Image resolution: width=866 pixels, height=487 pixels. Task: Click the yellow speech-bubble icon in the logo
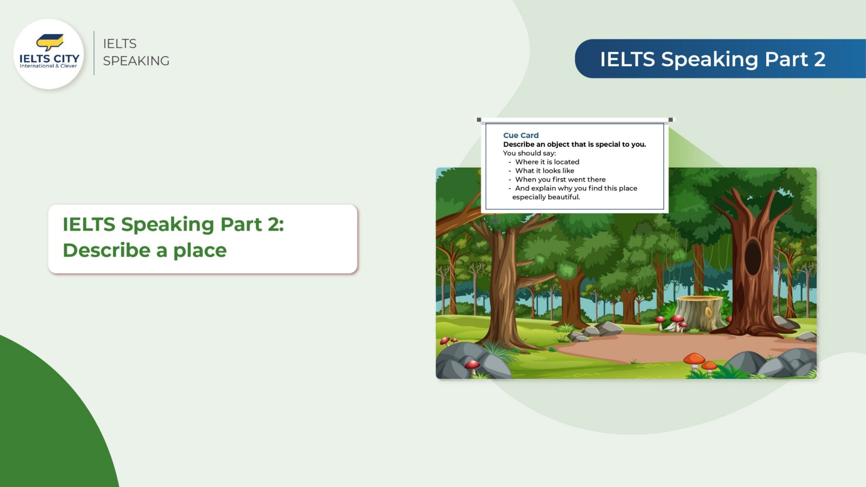click(x=50, y=41)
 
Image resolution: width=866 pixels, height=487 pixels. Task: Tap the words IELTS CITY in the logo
click(x=49, y=58)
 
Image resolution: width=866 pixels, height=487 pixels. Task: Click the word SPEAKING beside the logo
click(x=136, y=61)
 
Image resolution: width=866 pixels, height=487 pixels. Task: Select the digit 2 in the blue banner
click(x=819, y=59)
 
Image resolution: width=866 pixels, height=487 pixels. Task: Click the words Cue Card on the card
click(x=521, y=135)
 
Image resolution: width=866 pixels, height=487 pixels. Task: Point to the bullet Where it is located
click(x=547, y=162)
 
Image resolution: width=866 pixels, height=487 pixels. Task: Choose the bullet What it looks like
click(x=544, y=171)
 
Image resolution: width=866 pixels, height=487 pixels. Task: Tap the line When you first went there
click(x=560, y=180)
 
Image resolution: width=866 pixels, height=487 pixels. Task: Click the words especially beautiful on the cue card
click(x=545, y=197)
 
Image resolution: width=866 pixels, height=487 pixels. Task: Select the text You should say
click(x=529, y=153)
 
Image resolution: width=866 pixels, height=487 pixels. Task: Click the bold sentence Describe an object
click(x=574, y=144)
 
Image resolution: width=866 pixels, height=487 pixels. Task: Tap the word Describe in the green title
click(x=107, y=250)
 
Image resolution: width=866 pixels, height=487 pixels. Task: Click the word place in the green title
click(x=200, y=251)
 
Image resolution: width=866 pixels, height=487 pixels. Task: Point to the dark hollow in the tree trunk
click(x=753, y=257)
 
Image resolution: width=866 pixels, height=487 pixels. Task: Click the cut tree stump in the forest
click(x=699, y=313)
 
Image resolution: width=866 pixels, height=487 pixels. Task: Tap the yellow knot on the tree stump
click(x=708, y=312)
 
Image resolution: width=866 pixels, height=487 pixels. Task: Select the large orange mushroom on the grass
click(x=694, y=360)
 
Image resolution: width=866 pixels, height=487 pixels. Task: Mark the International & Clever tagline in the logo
click(x=48, y=66)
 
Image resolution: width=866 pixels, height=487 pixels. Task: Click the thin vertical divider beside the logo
click(x=94, y=53)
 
